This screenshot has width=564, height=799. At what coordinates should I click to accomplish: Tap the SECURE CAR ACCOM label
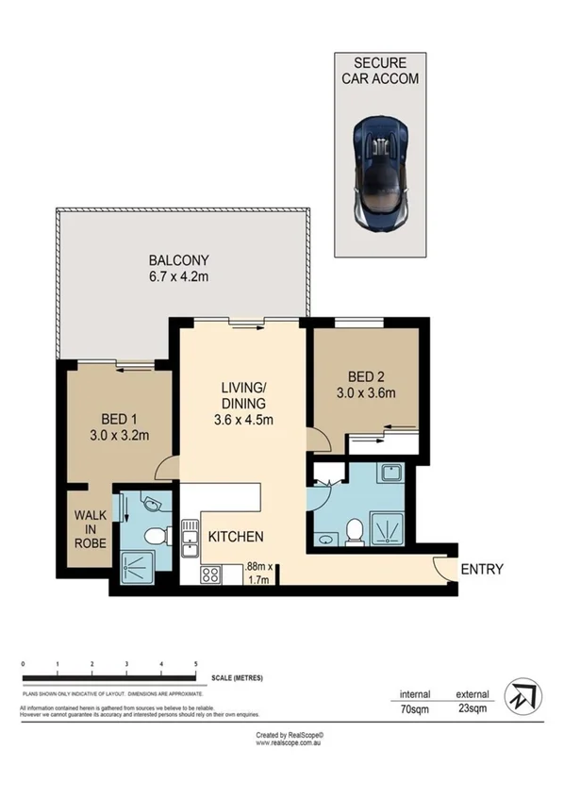(x=380, y=71)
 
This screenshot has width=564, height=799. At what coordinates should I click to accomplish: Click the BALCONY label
(x=178, y=260)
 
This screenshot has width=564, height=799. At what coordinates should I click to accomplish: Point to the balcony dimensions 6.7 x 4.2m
(x=178, y=277)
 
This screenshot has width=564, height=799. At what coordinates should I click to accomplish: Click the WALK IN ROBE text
(x=88, y=530)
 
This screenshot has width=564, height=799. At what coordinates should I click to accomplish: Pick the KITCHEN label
(x=235, y=537)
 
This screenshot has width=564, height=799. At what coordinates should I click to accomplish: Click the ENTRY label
(x=482, y=569)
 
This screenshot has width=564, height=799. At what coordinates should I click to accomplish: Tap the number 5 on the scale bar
(x=195, y=665)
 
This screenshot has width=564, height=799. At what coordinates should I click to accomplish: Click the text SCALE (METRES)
(x=238, y=678)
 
